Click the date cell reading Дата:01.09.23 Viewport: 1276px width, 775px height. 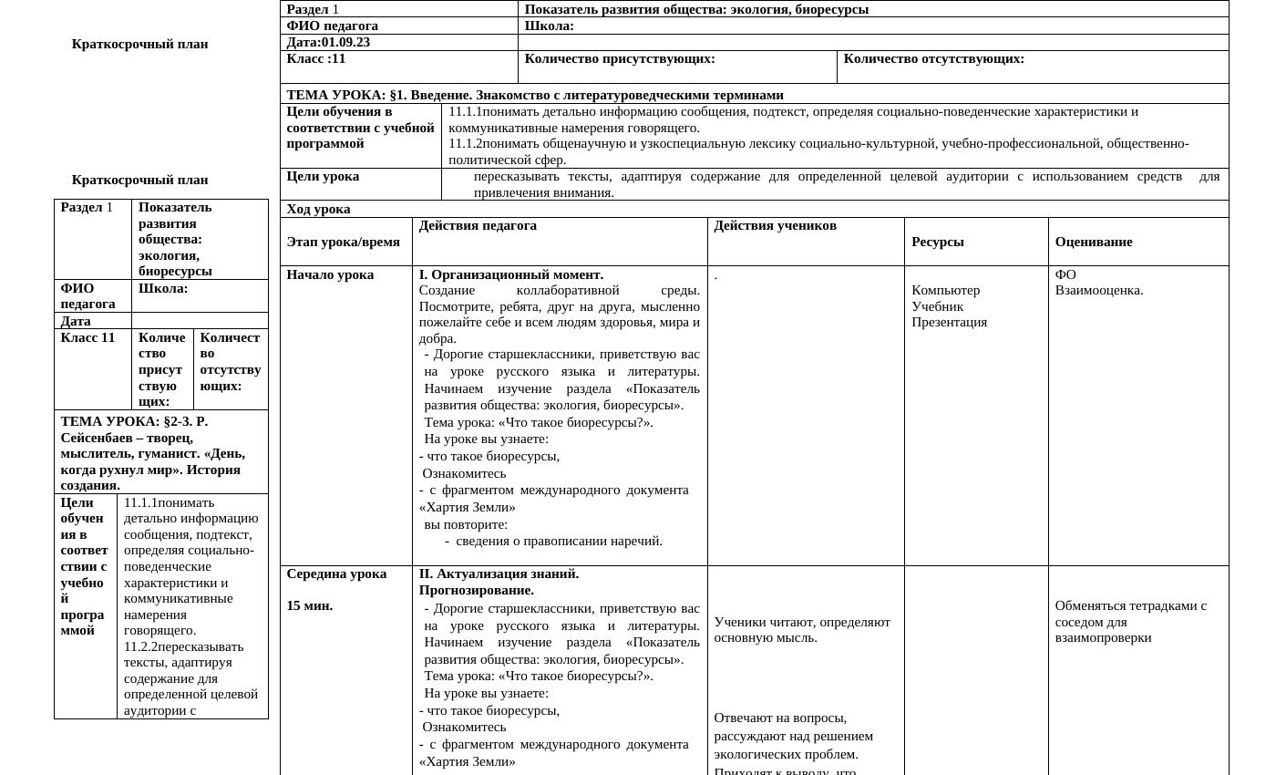tap(328, 42)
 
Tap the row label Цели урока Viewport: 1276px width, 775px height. tap(323, 176)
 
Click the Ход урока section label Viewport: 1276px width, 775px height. tap(318, 209)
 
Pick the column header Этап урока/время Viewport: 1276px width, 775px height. tap(343, 242)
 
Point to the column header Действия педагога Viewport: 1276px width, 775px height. tap(478, 225)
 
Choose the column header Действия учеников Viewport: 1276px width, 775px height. tap(775, 225)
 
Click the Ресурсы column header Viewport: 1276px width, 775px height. tap(937, 242)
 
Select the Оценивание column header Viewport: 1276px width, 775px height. tap(1093, 242)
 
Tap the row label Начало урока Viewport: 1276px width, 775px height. tap(330, 274)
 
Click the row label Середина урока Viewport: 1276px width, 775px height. tap(336, 573)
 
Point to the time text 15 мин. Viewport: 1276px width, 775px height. tap(309, 605)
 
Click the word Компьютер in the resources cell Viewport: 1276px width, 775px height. tap(945, 290)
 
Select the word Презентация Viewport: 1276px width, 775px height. tap(949, 322)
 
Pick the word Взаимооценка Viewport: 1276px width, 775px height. tap(1098, 290)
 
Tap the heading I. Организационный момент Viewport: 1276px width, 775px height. tap(510, 274)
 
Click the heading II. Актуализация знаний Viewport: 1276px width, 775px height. tap(499, 573)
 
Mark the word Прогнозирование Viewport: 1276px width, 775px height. tap(476, 590)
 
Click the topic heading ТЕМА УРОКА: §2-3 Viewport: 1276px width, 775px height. tap(134, 421)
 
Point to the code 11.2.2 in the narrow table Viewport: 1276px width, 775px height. tap(140, 646)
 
